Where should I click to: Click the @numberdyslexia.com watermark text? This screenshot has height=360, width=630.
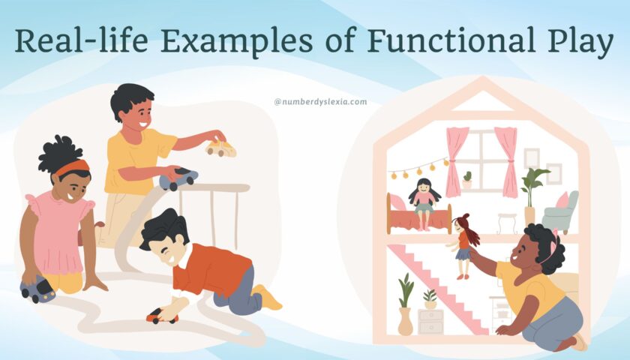pos(320,101)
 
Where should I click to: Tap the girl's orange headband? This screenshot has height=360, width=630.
pos(71,167)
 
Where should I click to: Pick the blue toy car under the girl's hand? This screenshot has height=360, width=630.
pos(37,289)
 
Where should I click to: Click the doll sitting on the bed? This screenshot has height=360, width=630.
pos(424,201)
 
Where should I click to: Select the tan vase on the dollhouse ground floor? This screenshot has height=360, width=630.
pos(405,321)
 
